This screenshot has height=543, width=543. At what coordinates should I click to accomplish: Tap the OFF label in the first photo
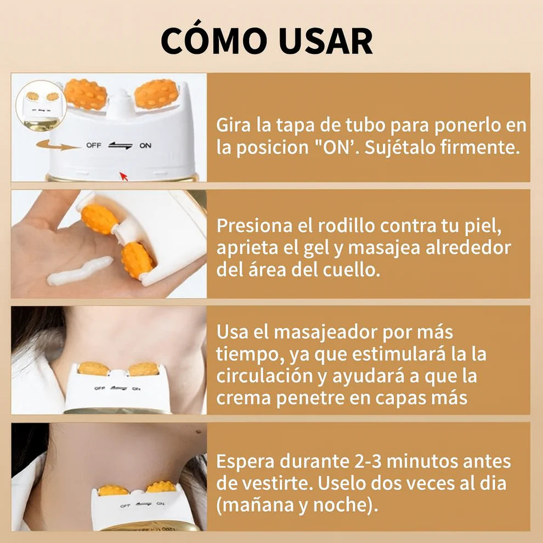(x=93, y=146)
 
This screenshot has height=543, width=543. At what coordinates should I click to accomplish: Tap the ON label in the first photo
(x=145, y=146)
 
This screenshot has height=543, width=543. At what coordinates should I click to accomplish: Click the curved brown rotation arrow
(x=58, y=145)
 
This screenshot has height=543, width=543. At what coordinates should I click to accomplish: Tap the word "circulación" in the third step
(x=267, y=376)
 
